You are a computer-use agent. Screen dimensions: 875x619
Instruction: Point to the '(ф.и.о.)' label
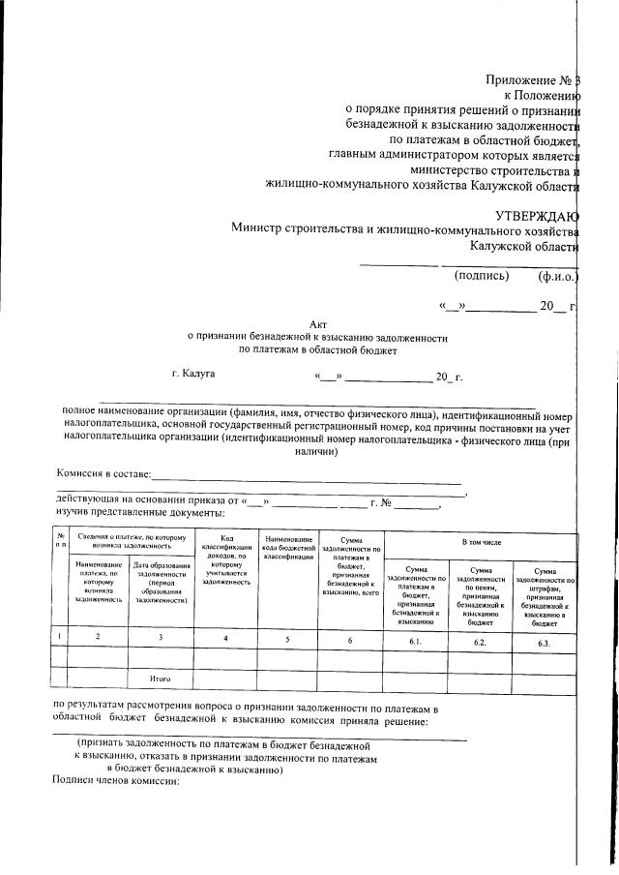click(x=557, y=276)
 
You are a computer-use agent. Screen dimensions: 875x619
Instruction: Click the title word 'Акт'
click(x=318, y=325)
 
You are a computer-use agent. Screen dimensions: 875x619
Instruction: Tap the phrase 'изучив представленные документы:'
click(x=141, y=510)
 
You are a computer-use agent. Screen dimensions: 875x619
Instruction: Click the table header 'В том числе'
click(x=481, y=545)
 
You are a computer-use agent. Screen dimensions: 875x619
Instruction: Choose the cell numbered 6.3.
click(x=544, y=640)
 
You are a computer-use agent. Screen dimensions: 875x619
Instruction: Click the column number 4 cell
click(x=225, y=638)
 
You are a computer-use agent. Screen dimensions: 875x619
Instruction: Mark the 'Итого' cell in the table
click(x=161, y=679)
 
